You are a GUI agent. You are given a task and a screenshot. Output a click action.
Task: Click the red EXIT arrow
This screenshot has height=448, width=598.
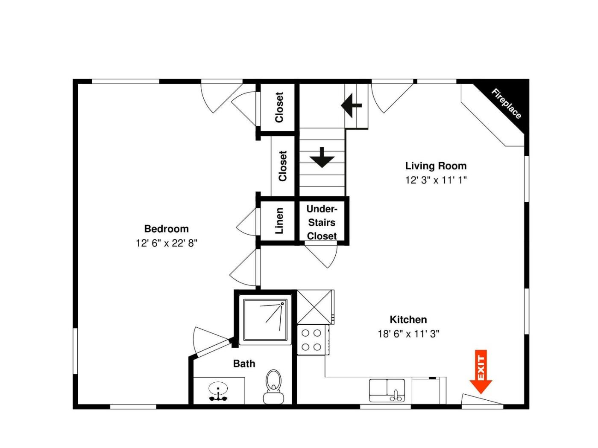(x=481, y=371)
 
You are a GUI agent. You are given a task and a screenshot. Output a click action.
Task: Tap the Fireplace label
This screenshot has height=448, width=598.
(x=506, y=104)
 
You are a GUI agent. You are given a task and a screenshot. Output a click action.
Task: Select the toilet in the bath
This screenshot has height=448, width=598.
(x=273, y=386)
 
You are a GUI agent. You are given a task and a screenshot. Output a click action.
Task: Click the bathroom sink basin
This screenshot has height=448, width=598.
(x=218, y=387)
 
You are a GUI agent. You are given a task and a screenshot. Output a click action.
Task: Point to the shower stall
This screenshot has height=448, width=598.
(x=265, y=320)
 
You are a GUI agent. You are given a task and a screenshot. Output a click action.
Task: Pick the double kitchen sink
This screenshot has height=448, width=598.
(x=387, y=390)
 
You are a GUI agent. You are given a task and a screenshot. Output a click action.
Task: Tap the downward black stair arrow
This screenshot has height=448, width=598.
(x=322, y=157)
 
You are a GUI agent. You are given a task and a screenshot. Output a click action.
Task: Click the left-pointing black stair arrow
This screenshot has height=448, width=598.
(x=351, y=105)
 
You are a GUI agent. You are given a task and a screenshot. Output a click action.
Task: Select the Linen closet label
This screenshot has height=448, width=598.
(x=279, y=221)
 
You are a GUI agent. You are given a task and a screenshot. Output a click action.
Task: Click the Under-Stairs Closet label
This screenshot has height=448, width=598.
(x=322, y=222)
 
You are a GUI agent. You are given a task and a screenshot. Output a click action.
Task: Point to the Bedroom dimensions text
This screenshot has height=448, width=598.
(x=167, y=243)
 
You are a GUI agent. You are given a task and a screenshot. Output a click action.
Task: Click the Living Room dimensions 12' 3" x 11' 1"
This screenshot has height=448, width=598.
(x=436, y=180)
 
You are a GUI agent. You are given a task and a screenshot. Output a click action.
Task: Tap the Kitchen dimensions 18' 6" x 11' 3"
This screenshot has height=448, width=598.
(x=408, y=334)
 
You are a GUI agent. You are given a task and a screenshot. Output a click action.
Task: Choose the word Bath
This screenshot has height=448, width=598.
(x=244, y=364)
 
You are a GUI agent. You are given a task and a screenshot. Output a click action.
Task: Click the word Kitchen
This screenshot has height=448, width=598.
(x=408, y=319)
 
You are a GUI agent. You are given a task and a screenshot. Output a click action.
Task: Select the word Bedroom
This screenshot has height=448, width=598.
(x=167, y=229)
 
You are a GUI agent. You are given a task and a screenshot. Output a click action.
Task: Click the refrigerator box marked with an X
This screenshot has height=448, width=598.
(x=315, y=307)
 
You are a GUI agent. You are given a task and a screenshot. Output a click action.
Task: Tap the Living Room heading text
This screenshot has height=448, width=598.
(x=436, y=166)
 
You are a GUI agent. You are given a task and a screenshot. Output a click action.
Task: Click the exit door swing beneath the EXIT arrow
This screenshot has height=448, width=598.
(x=482, y=399)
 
